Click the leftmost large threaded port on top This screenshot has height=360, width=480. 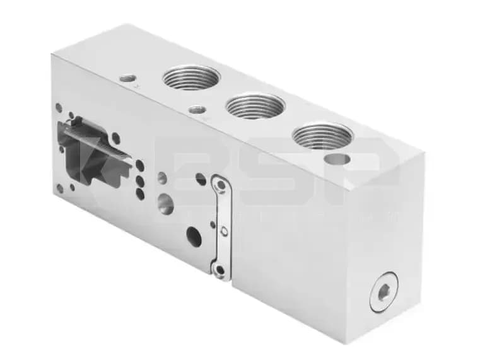click(190, 78)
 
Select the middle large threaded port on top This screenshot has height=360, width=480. click(255, 105)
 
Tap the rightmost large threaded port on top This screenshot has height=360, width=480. click(322, 135)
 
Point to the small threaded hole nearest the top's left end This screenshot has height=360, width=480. click(128, 79)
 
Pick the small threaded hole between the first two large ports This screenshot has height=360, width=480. click(197, 110)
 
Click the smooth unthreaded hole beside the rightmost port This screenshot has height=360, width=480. click(337, 159)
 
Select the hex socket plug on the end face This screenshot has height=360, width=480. click(383, 291)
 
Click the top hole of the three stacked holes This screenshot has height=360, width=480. click(140, 165)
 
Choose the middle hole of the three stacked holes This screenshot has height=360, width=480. click(140, 180)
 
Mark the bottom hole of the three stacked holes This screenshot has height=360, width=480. click(140, 194)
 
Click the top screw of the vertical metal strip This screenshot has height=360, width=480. click(220, 185)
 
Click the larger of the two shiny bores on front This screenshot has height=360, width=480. click(166, 203)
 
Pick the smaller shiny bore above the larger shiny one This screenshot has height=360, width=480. click(163, 178)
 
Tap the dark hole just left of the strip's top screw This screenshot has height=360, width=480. click(201, 179)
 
